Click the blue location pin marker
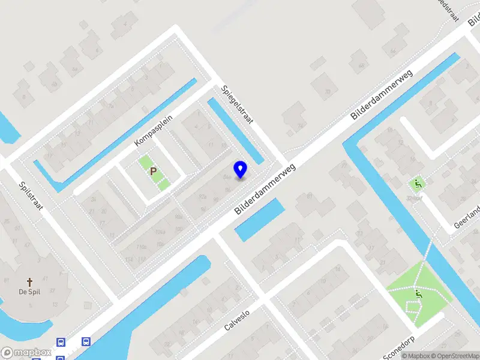click(x=241, y=170)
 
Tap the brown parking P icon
click(x=154, y=172)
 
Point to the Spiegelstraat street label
click(x=236, y=104)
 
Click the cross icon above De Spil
click(x=29, y=281)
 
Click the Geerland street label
click(x=467, y=217)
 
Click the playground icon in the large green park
click(x=418, y=295)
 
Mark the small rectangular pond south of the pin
click(x=259, y=220)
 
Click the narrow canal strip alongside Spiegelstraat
click(x=235, y=131)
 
